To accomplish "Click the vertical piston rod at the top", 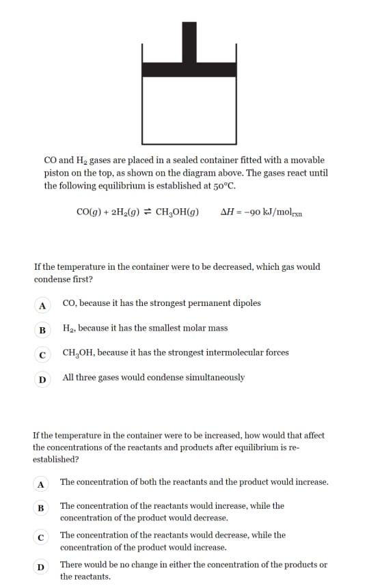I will (189, 41).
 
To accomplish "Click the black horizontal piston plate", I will (189, 69).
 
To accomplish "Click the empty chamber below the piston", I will (189, 109).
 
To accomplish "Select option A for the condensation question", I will (42, 305).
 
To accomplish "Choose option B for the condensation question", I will (42, 330).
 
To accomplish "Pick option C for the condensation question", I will (42, 354).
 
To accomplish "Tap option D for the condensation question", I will (42, 379).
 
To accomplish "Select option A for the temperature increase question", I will (41, 484).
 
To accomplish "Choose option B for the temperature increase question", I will (41, 508).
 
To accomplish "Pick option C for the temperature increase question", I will (41, 537).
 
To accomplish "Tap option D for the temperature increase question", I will (41, 567).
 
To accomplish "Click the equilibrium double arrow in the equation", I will (147, 212).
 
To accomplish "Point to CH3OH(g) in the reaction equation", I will (178, 212).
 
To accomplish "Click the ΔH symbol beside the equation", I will (227, 212).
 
